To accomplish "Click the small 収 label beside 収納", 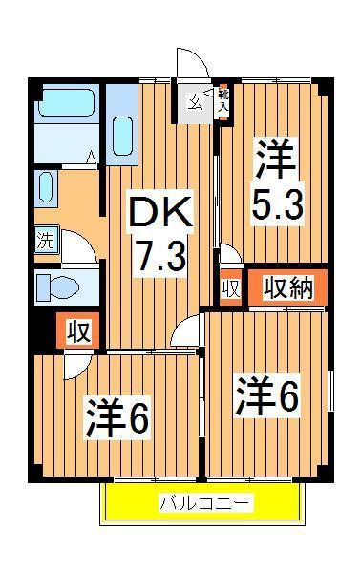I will [229, 288].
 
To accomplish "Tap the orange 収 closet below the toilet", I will [78, 332].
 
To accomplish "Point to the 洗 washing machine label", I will [46, 240].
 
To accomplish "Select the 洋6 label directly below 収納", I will [267, 395].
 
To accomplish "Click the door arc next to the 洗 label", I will [80, 244].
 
